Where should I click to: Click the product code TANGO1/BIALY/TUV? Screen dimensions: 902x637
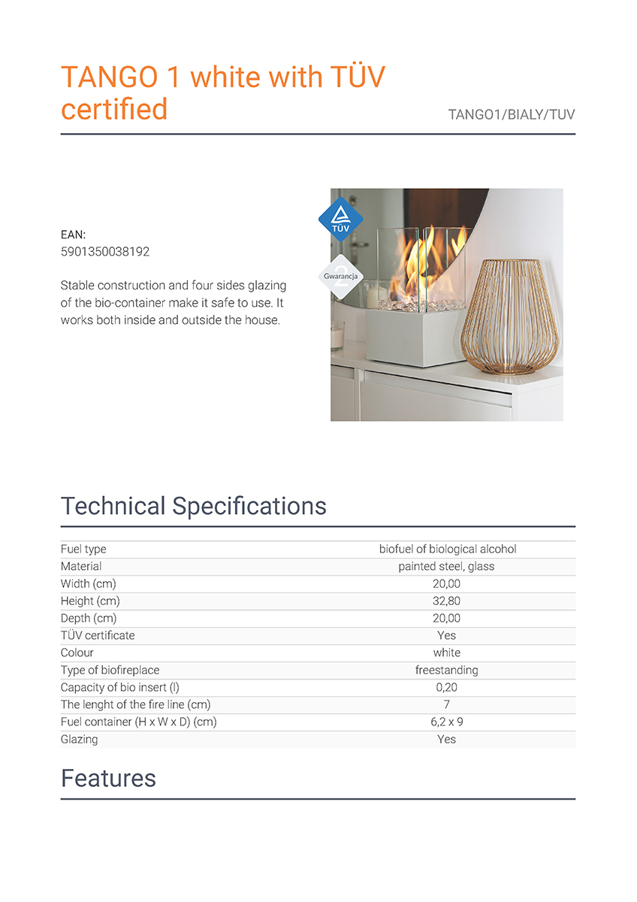click(511, 115)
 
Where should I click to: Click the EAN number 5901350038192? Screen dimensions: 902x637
click(104, 252)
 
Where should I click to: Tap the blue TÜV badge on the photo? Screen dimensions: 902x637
click(341, 219)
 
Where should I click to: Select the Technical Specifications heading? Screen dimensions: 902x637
click(193, 506)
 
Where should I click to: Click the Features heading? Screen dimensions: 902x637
click(108, 778)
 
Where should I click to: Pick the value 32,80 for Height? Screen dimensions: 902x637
click(447, 601)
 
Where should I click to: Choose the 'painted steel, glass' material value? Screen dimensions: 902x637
click(447, 566)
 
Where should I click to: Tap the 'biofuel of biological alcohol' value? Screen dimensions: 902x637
click(447, 549)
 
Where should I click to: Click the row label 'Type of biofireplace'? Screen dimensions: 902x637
click(110, 670)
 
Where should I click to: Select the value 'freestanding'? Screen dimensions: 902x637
click(447, 670)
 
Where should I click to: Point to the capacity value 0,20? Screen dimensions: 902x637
click(447, 687)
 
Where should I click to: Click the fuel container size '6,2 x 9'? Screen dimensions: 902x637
click(447, 722)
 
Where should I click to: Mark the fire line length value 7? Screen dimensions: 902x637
click(447, 704)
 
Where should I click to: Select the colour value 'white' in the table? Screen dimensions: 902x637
click(447, 652)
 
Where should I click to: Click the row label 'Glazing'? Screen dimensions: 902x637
click(79, 739)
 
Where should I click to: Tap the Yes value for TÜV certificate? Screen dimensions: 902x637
click(447, 635)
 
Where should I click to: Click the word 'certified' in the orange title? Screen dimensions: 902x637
click(114, 110)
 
